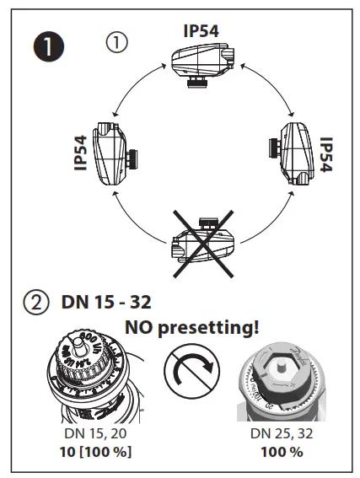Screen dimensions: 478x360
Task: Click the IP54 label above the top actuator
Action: (x=202, y=31)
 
